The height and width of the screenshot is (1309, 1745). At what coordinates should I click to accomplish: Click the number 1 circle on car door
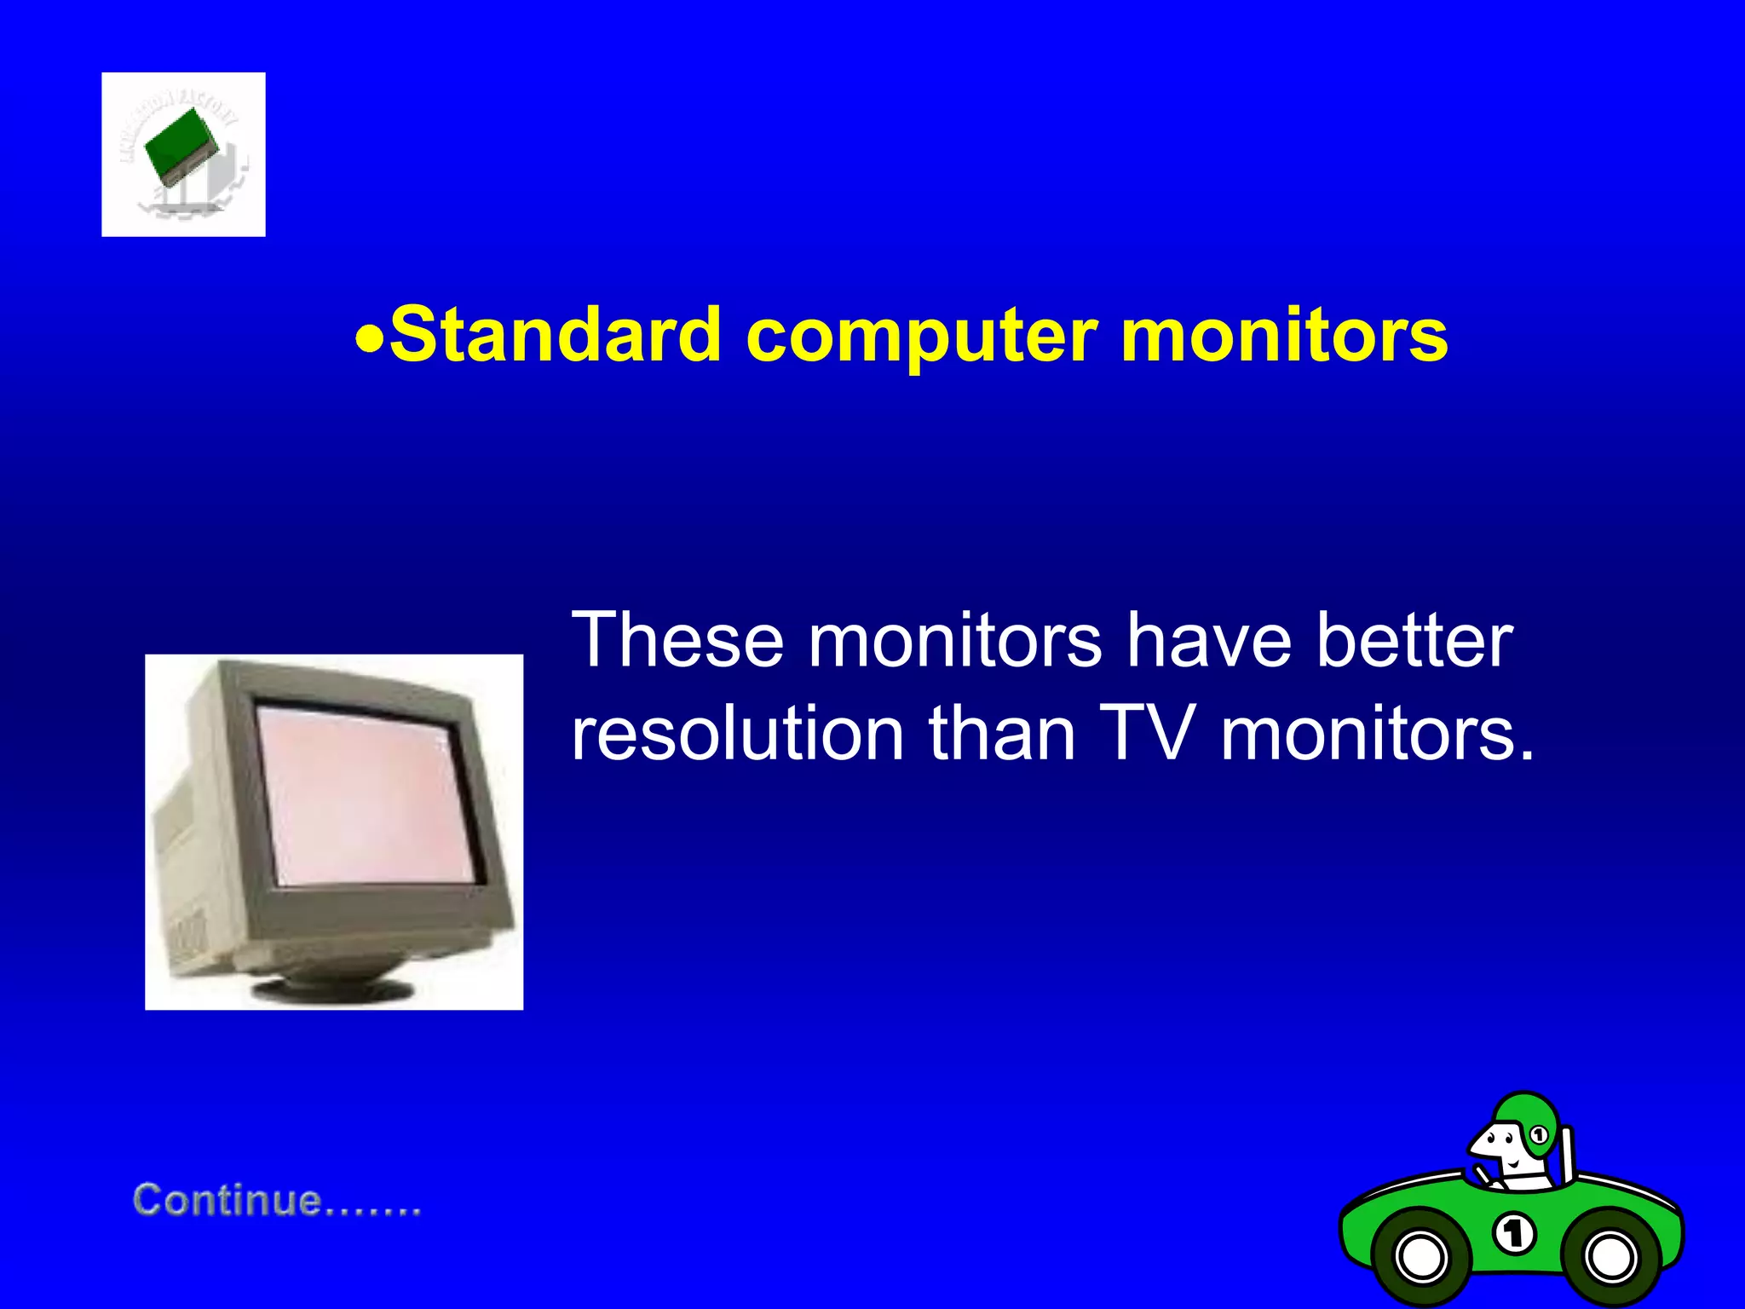[1514, 1234]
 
